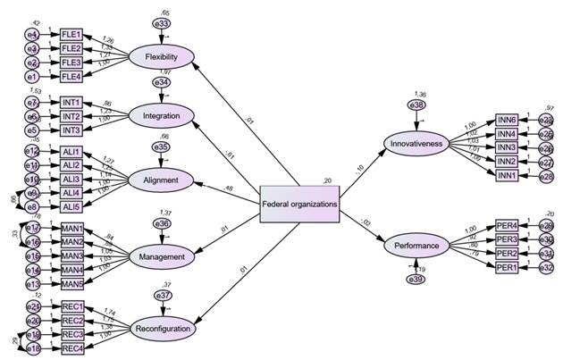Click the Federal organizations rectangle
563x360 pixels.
click(x=299, y=204)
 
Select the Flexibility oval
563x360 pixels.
click(x=162, y=58)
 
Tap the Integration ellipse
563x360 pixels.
click(x=162, y=115)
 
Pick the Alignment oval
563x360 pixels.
click(x=162, y=180)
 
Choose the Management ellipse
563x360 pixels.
click(x=162, y=257)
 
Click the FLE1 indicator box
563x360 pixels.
click(x=71, y=34)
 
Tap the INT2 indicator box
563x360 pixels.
click(x=71, y=116)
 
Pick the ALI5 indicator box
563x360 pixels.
click(x=71, y=207)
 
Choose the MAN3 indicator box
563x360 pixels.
click(x=71, y=255)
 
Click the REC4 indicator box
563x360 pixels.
click(x=71, y=347)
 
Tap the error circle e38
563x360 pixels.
click(x=417, y=105)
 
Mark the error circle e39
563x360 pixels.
click(x=417, y=280)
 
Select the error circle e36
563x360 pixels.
click(x=162, y=223)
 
